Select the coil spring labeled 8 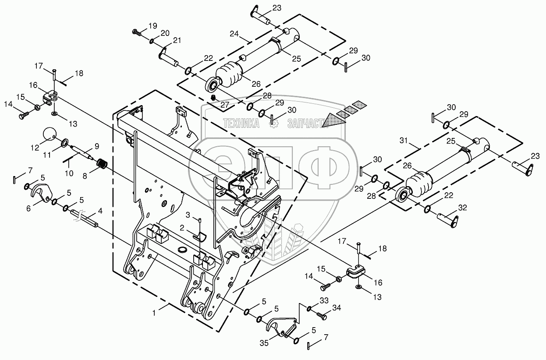103,165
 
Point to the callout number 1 153,314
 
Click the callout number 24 234,33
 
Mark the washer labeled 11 64,142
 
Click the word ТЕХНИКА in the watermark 241,124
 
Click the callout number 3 188,214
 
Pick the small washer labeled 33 310,309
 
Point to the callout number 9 96,145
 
